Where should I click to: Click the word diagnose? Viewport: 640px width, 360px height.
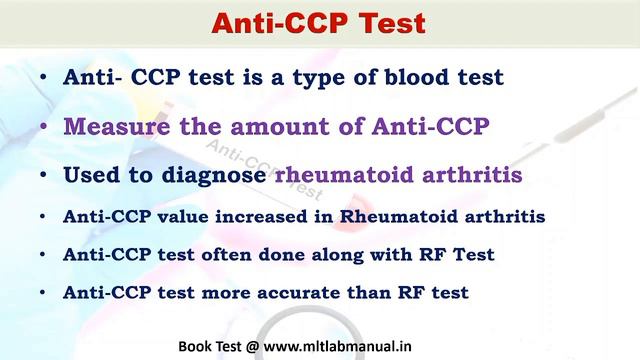tap(213, 175)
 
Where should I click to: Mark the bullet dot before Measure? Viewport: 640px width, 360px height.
tap(43, 128)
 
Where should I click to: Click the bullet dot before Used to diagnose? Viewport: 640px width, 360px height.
tap(43, 176)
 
